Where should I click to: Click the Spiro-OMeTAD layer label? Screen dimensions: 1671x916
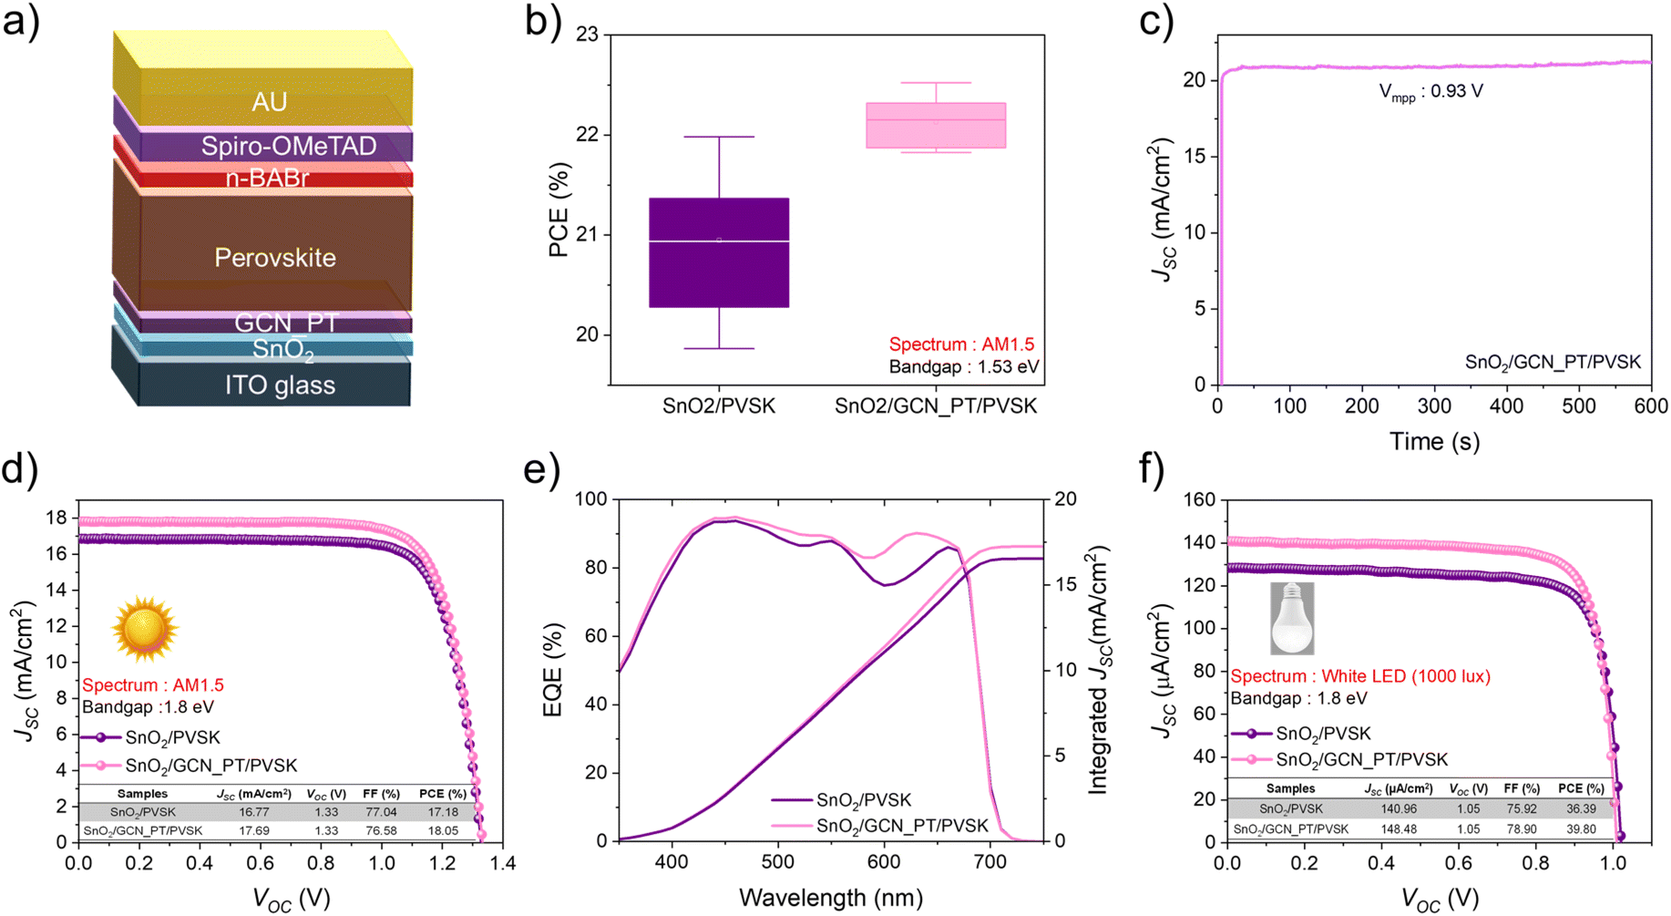(x=289, y=146)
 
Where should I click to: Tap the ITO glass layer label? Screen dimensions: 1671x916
(x=281, y=385)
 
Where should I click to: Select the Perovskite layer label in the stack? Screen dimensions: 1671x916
(x=275, y=257)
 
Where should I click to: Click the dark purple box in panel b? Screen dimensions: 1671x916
(x=719, y=252)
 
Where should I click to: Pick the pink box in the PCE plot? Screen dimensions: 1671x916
(x=936, y=126)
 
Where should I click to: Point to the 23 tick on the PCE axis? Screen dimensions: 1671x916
(x=587, y=35)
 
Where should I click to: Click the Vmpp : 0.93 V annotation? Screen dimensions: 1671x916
(x=1430, y=92)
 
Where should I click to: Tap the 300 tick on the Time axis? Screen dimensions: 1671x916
(x=1434, y=406)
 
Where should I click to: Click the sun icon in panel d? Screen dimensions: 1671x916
(x=144, y=628)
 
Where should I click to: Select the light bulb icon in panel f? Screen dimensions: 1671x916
(x=1292, y=619)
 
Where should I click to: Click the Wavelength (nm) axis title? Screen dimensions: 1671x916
(x=831, y=898)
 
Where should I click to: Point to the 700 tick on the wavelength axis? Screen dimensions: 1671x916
(x=989, y=862)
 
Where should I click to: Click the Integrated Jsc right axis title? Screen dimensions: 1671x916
(x=1100, y=670)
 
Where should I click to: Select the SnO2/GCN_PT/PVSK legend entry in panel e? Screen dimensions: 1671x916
(x=902, y=827)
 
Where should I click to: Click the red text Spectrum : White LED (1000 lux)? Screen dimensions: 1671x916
(x=1360, y=676)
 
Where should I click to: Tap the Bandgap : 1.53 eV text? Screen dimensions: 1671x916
(x=964, y=366)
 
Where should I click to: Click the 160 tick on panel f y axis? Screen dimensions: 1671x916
(x=1199, y=499)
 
